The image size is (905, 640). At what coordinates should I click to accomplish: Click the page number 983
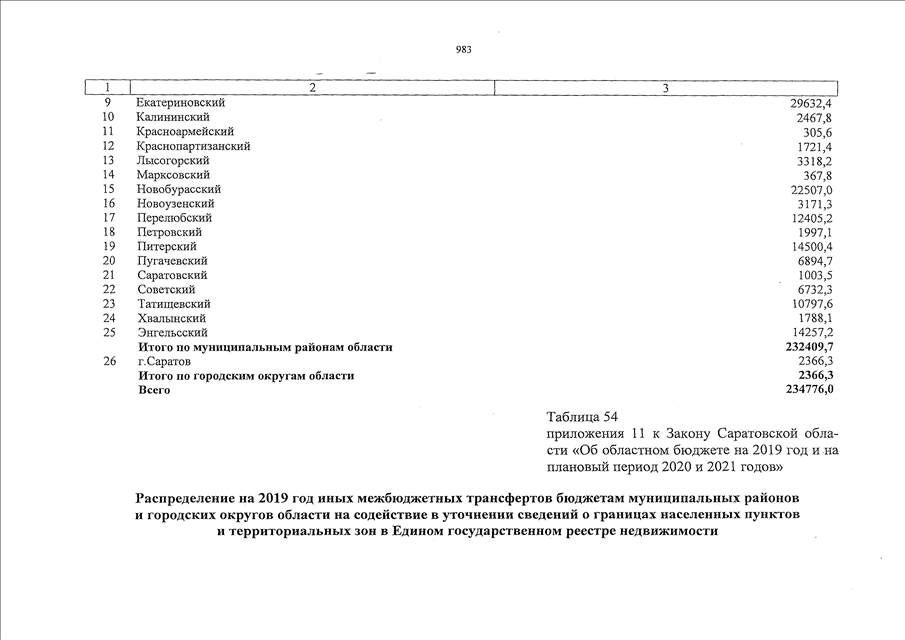pos(463,50)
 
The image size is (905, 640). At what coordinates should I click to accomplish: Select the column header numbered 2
pos(312,89)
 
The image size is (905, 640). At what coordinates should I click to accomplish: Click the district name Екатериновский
pos(180,103)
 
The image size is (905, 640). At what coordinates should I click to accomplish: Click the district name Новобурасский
pos(178,189)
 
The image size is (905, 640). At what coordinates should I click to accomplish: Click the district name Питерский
pos(166,246)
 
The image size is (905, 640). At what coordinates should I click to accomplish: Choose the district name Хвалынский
pos(172,318)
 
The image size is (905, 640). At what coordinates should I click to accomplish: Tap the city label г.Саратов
pos(163,361)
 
